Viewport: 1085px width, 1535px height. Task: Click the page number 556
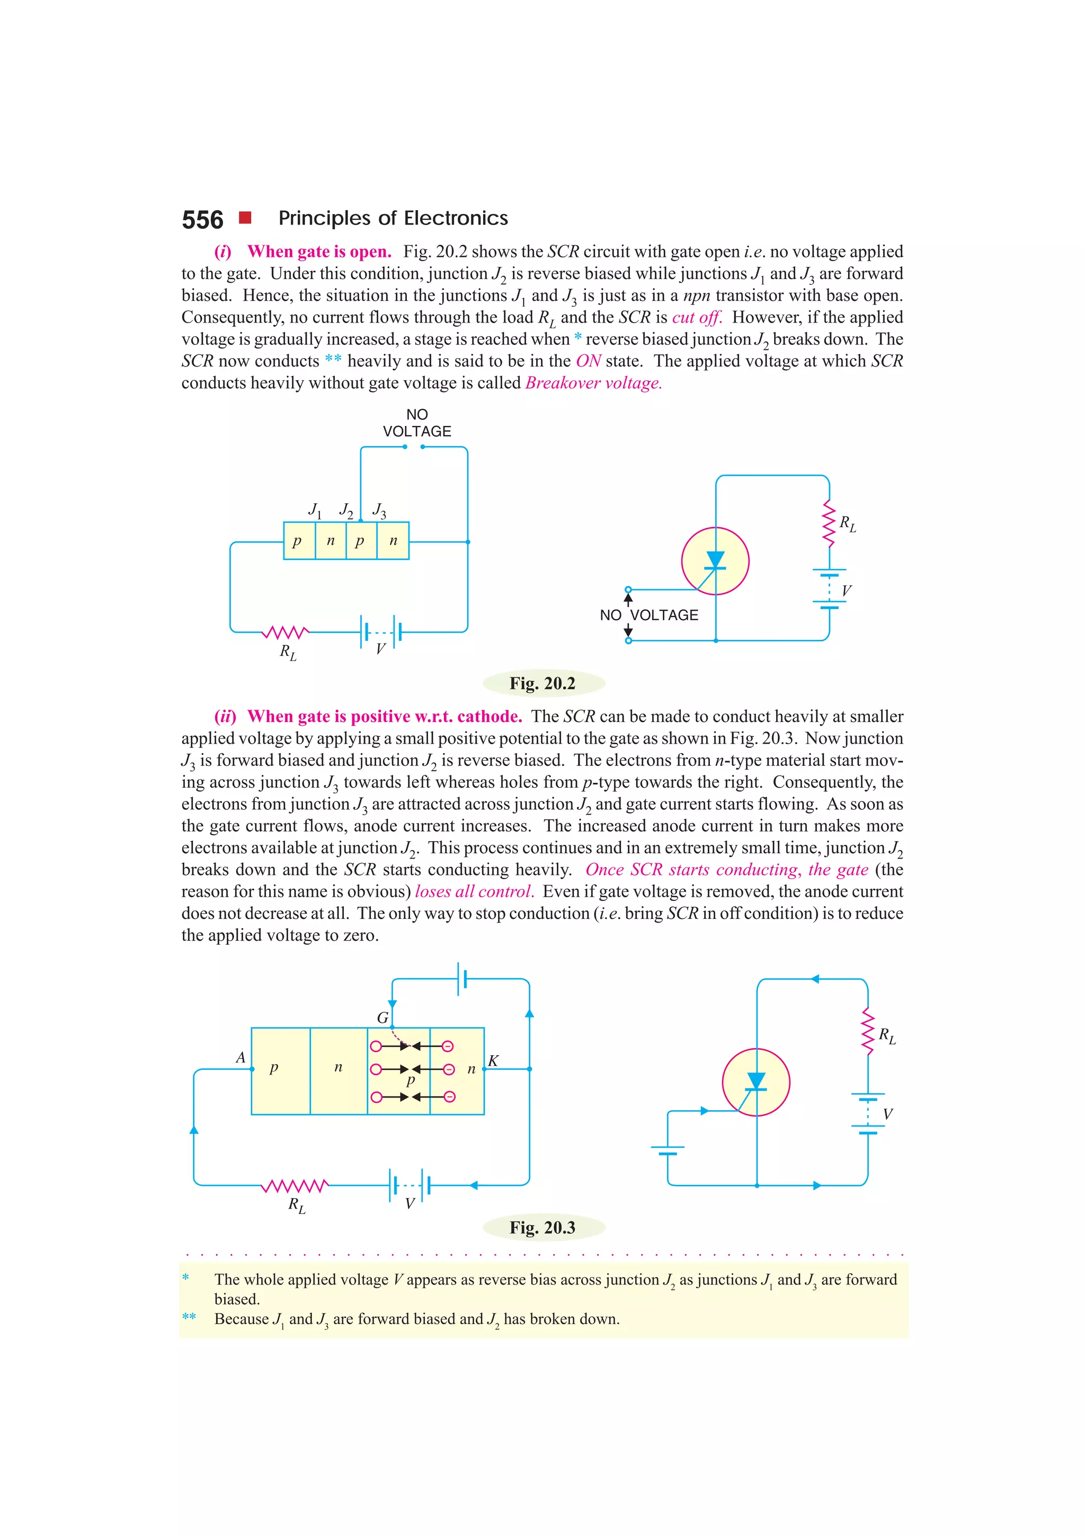pyautogui.click(x=202, y=220)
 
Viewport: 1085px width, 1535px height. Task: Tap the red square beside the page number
pyautogui.click(x=245, y=217)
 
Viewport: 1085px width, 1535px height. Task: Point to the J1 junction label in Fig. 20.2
pyautogui.click(x=315, y=510)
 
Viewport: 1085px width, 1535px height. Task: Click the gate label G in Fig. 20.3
pyautogui.click(x=383, y=1018)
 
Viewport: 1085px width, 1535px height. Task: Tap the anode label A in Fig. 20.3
pyautogui.click(x=240, y=1058)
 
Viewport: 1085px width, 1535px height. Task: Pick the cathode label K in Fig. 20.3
pyautogui.click(x=493, y=1061)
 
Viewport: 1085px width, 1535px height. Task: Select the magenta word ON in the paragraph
pyautogui.click(x=588, y=361)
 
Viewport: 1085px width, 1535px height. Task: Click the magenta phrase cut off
pyautogui.click(x=697, y=318)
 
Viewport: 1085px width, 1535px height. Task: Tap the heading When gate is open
pyautogui.click(x=319, y=252)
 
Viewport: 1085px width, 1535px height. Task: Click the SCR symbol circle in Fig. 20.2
pyautogui.click(x=715, y=561)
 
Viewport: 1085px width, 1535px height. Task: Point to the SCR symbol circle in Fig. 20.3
pyautogui.click(x=756, y=1082)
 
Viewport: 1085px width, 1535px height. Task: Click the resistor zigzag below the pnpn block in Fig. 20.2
pyautogui.click(x=286, y=632)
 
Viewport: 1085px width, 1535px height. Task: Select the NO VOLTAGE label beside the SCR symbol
pyautogui.click(x=649, y=615)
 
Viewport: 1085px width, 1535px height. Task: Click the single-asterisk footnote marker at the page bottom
pyautogui.click(x=185, y=1278)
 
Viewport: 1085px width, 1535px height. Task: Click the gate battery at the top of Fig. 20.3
pyautogui.click(x=461, y=979)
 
